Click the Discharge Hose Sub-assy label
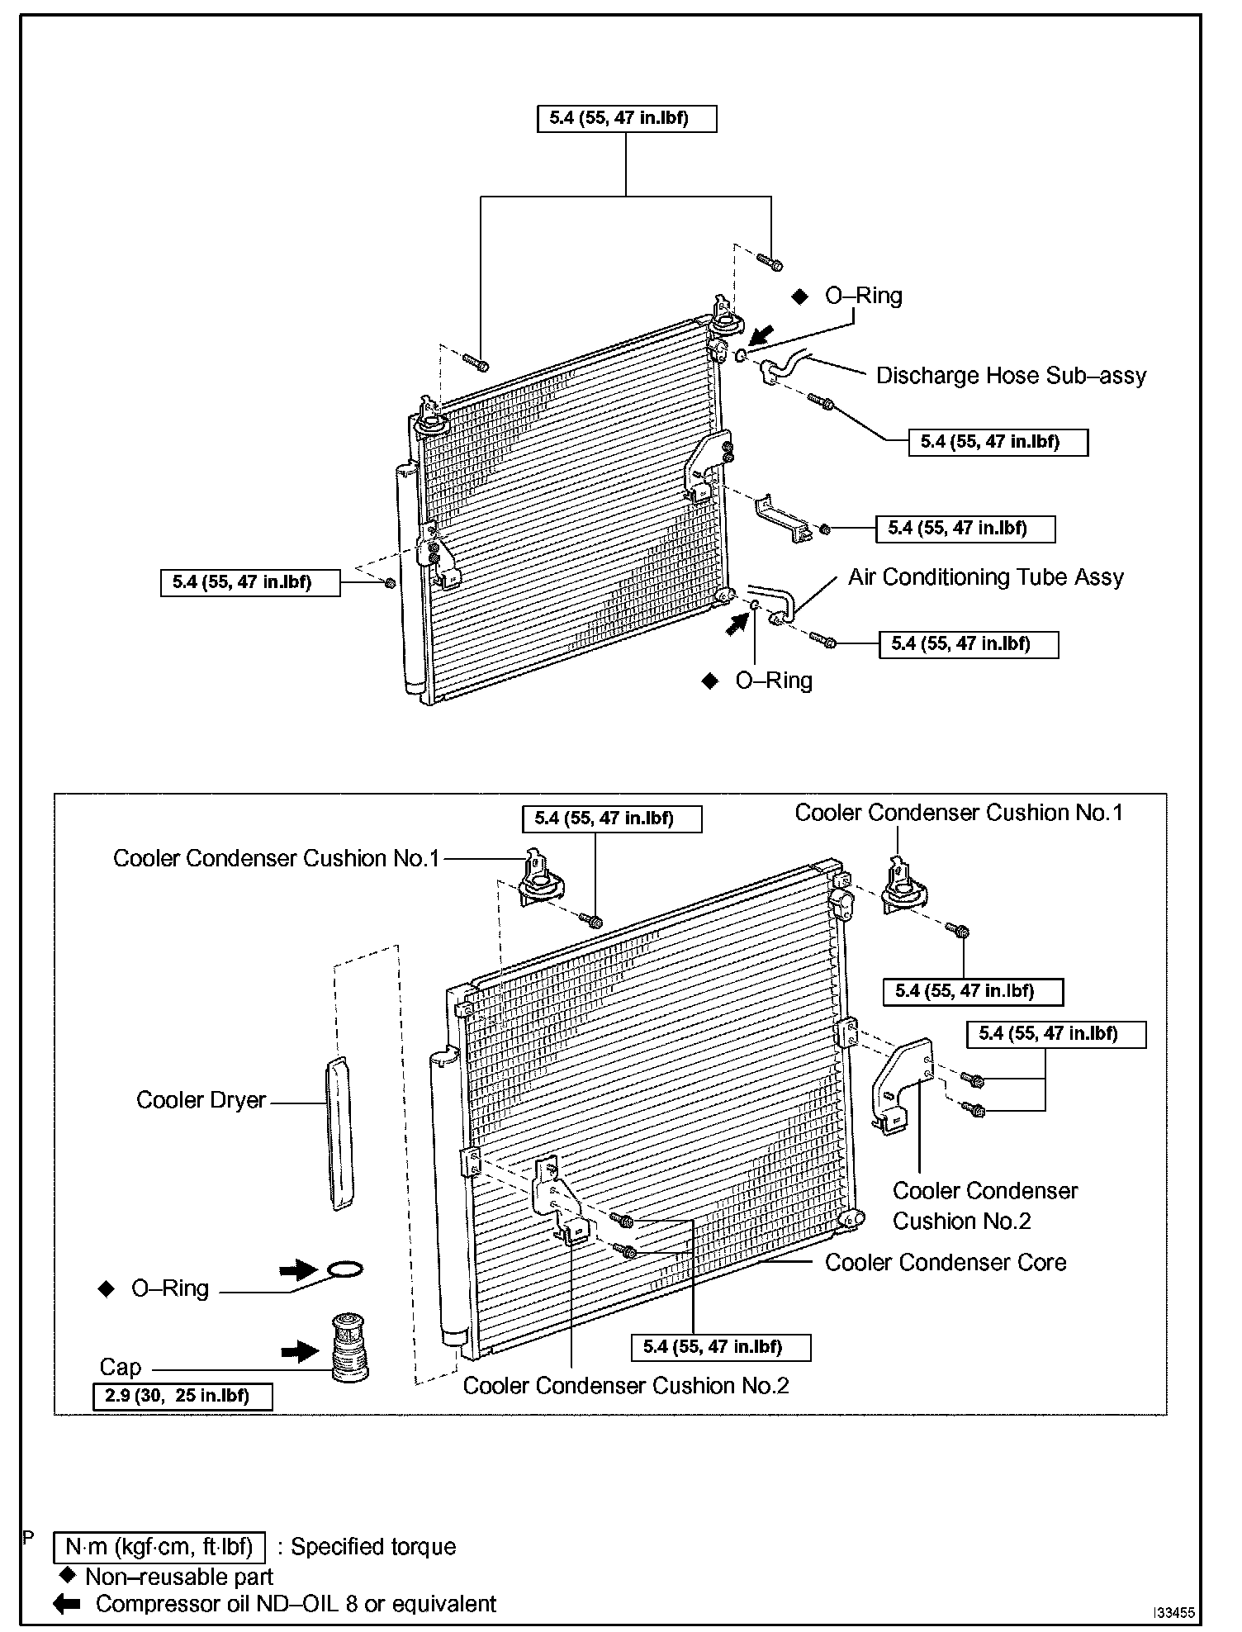pyautogui.click(x=1011, y=376)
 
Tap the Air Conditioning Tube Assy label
pyautogui.click(x=986, y=577)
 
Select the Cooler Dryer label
pyautogui.click(x=201, y=1100)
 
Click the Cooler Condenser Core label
pyautogui.click(x=946, y=1262)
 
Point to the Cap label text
pyautogui.click(x=121, y=1367)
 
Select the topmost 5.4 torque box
pyautogui.click(x=627, y=118)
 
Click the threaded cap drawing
pyautogui.click(x=348, y=1348)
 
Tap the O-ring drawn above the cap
pyautogui.click(x=344, y=1269)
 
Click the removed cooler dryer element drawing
pyautogui.click(x=340, y=1133)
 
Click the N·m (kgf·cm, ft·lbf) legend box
pyautogui.click(x=159, y=1546)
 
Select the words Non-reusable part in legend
pyautogui.click(x=179, y=1577)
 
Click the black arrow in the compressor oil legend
pyautogui.click(x=66, y=1604)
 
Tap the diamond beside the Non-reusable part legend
pyautogui.click(x=69, y=1576)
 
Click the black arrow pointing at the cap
pyautogui.click(x=299, y=1351)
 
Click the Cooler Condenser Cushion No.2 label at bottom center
pyautogui.click(x=626, y=1386)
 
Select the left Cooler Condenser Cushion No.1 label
pyautogui.click(x=276, y=858)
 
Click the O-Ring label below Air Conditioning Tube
pyautogui.click(x=774, y=681)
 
